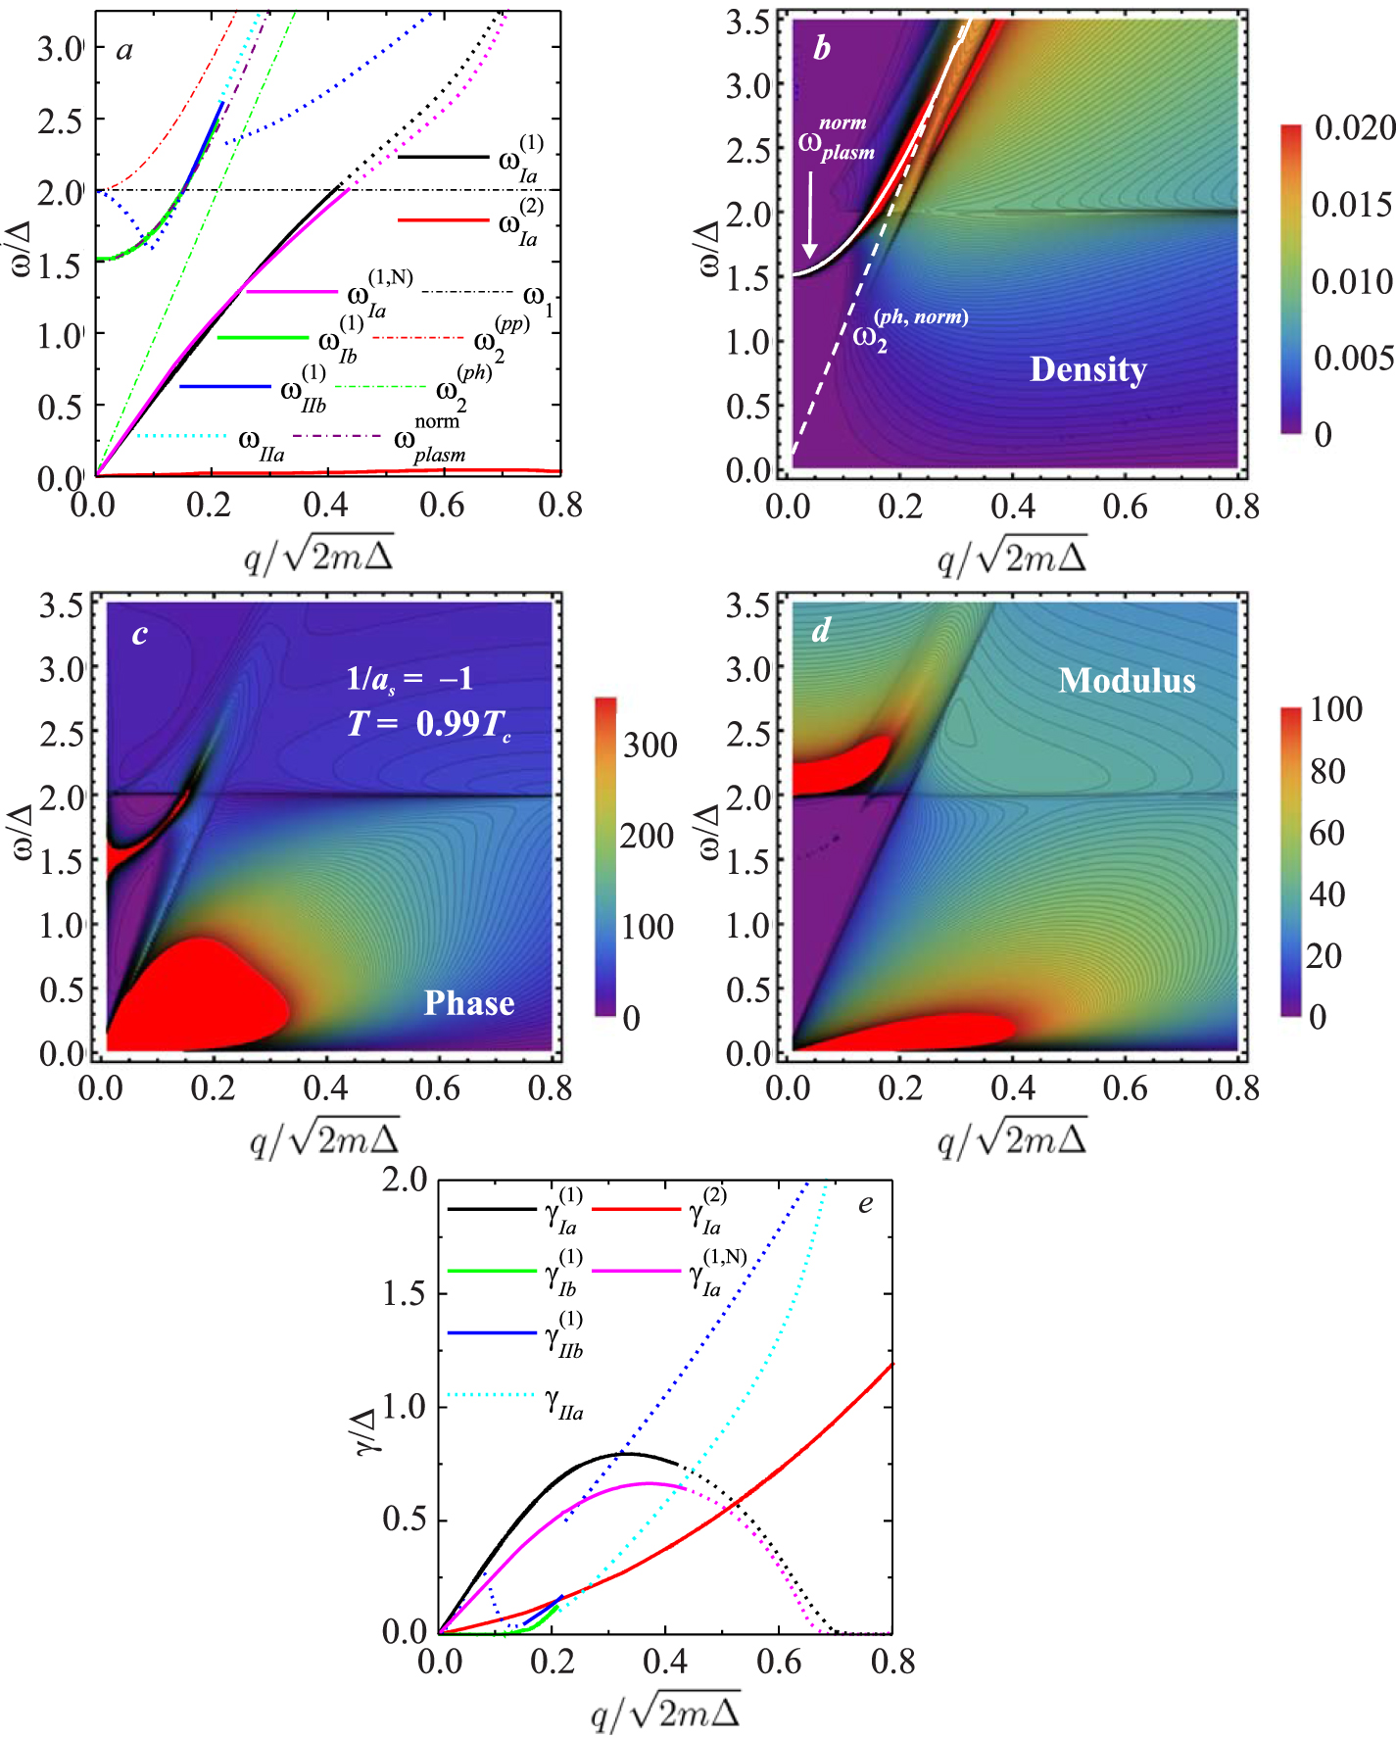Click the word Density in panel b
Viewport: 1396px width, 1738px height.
(x=1087, y=369)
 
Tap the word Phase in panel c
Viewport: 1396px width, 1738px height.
(x=468, y=1002)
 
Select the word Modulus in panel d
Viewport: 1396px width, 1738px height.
(x=1127, y=680)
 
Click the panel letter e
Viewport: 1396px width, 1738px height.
(x=865, y=1204)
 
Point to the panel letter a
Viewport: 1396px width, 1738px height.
(x=124, y=50)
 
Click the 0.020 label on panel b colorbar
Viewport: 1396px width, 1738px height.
(x=1355, y=127)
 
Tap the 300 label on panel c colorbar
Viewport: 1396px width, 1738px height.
(x=650, y=745)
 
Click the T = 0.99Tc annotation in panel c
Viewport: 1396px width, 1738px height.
(x=429, y=724)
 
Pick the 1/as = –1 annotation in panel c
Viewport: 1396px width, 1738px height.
(x=410, y=678)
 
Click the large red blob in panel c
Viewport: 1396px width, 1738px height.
(x=191, y=994)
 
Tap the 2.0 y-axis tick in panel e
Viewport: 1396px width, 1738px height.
(x=405, y=1180)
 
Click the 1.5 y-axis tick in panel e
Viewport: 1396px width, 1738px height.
(x=405, y=1293)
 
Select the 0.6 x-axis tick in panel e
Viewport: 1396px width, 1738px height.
(x=779, y=1662)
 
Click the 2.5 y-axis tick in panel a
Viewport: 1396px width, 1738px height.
(x=61, y=120)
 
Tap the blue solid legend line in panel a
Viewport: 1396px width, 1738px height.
(x=225, y=387)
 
